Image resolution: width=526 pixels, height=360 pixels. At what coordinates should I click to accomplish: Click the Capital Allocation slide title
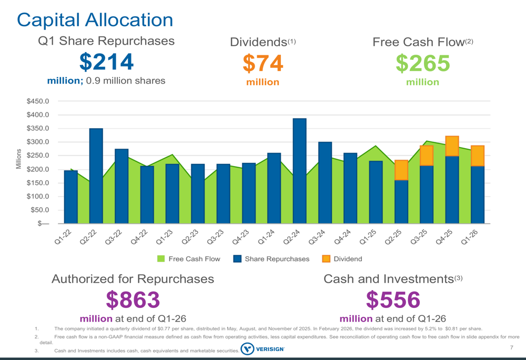[x=95, y=20]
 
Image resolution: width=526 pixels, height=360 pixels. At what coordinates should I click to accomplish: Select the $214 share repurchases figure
[x=106, y=62]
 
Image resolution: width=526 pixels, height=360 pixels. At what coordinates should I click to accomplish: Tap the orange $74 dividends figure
[x=262, y=64]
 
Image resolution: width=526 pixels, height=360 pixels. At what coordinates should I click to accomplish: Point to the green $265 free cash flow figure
[x=423, y=64]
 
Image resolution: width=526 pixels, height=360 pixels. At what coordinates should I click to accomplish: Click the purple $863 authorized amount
[x=133, y=300]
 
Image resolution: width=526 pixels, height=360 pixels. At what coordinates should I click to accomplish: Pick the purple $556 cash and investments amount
[x=393, y=300]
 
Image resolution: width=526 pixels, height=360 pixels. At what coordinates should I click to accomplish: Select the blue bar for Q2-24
[x=299, y=171]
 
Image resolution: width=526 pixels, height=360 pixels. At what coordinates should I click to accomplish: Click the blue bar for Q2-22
[x=96, y=176]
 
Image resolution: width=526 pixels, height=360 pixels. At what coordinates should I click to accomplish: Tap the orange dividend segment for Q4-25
[x=452, y=146]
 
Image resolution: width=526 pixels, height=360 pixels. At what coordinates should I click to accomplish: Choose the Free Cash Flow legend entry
[x=189, y=259]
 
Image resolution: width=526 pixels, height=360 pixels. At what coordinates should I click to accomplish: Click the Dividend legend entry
[x=341, y=259]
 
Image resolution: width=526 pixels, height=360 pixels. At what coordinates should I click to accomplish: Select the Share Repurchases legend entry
[x=271, y=259]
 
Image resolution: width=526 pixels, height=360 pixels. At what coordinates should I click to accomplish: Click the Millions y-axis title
[x=18, y=159]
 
